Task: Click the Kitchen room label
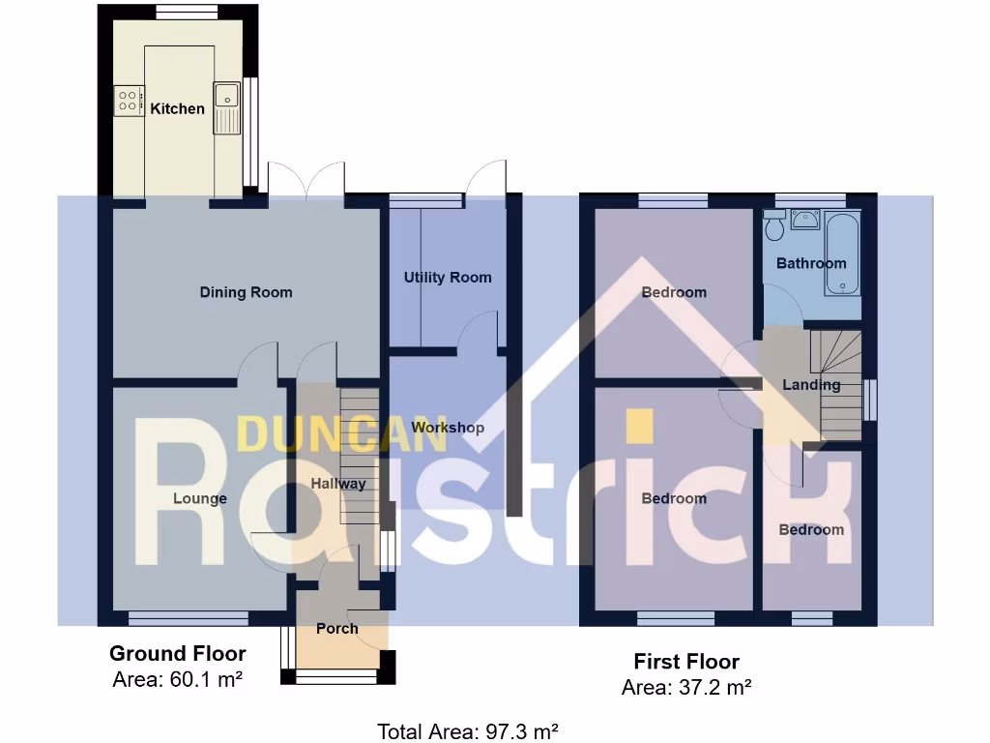(177, 108)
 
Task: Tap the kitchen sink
(227, 96)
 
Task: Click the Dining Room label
(246, 292)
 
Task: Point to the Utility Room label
(448, 278)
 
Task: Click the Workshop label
(448, 427)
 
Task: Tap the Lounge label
(200, 498)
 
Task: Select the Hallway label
(338, 483)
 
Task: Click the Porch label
(337, 628)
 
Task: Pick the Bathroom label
(811, 263)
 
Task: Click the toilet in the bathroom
(773, 227)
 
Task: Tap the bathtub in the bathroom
(841, 253)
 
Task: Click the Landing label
(811, 384)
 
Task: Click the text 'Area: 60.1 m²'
(177, 679)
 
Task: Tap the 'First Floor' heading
(686, 662)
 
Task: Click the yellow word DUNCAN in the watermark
(342, 434)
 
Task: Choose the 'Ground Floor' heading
(177, 654)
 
